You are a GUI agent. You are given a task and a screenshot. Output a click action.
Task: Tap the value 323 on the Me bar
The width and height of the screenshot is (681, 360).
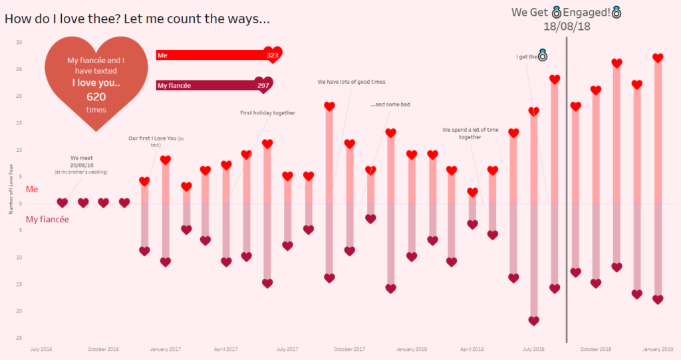coord(272,55)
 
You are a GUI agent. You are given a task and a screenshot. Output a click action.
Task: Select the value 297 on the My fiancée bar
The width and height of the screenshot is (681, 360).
coord(263,85)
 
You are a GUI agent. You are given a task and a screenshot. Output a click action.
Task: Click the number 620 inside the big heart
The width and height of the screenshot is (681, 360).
coord(96,97)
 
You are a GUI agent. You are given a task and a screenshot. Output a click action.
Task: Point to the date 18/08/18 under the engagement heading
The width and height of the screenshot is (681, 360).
coord(567,27)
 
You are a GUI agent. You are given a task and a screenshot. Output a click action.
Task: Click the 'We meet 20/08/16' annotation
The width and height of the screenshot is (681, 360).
coord(80,162)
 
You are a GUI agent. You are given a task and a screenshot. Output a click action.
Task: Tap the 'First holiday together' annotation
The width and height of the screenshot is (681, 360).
coord(267,113)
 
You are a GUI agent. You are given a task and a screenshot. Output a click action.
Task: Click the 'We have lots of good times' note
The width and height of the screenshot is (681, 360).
coord(351,82)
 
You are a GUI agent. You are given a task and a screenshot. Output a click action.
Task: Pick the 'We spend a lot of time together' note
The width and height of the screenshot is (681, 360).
coord(470,133)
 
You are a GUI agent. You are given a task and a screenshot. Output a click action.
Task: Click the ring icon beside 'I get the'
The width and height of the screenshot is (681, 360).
coord(543,56)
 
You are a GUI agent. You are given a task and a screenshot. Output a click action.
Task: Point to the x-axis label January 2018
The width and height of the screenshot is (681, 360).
coord(411,349)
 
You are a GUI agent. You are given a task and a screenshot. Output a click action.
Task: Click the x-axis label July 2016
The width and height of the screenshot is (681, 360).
coord(42,349)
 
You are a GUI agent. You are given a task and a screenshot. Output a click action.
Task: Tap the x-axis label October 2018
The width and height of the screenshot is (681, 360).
coord(596,349)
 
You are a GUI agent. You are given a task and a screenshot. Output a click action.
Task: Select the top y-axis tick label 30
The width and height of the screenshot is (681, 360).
coord(19,42)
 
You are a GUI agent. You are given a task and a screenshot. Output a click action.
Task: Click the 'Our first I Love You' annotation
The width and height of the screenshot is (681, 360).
coord(156,140)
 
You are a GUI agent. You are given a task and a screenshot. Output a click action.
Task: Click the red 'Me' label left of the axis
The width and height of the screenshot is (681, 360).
coord(32,190)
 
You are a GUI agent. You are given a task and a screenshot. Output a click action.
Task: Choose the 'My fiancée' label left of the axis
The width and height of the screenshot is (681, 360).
coord(47,219)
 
